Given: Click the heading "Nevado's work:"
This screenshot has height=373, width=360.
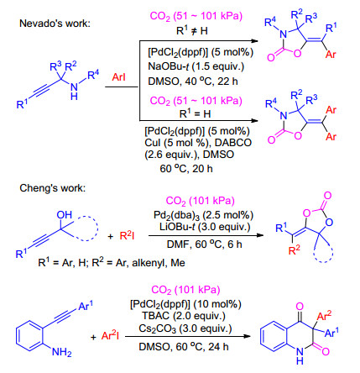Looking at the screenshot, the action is click(x=55, y=24).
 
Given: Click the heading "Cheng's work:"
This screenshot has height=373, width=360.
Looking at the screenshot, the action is click(x=53, y=188).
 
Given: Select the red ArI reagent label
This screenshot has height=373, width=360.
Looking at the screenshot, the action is click(x=118, y=76).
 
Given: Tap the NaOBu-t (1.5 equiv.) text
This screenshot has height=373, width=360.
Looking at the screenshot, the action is click(x=196, y=66).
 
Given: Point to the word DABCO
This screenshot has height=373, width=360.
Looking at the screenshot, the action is click(x=233, y=143).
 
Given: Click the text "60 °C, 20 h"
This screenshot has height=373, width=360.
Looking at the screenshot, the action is click(x=186, y=169).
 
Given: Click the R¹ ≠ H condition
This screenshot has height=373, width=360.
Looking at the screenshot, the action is click(x=192, y=30).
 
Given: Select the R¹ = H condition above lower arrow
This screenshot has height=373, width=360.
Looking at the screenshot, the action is click(x=195, y=113).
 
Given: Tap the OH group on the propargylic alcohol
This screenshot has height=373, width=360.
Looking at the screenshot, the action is click(x=65, y=215).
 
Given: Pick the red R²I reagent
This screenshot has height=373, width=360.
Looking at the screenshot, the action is click(x=127, y=236).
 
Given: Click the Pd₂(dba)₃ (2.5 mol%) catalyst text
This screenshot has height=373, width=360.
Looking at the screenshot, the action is click(x=203, y=215).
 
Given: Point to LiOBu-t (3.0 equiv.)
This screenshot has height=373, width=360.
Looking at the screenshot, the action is click(x=205, y=227).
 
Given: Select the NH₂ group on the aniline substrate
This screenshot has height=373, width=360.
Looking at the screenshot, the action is click(x=61, y=351).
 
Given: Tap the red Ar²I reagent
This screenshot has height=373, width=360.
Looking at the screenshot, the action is click(x=110, y=335).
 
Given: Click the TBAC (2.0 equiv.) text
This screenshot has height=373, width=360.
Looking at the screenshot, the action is click(x=184, y=316).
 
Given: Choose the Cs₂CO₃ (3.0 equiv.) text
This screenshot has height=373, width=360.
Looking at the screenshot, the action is click(x=185, y=328).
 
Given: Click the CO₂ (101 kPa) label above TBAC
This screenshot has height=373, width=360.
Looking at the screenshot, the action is click(x=185, y=290).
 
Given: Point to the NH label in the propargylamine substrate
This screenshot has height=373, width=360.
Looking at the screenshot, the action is click(x=74, y=92).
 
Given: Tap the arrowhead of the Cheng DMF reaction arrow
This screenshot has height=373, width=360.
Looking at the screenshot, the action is click(x=260, y=235).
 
